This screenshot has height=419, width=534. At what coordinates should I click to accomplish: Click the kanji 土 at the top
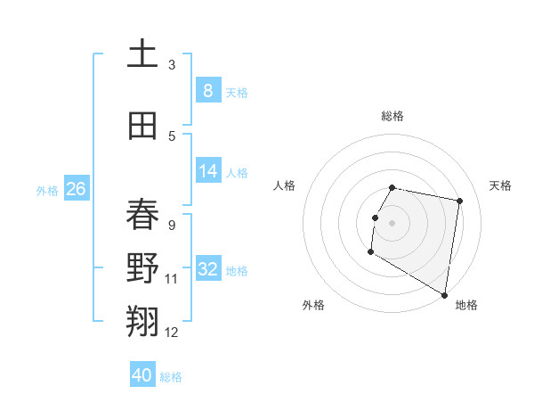pyautogui.click(x=142, y=54)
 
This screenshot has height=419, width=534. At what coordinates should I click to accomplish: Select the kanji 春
pyautogui.click(x=142, y=215)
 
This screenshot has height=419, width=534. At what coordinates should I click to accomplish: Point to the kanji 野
pyautogui.click(x=142, y=268)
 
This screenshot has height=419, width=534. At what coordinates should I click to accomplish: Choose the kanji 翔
pyautogui.click(x=142, y=321)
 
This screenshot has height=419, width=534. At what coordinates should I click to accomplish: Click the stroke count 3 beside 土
pyautogui.click(x=172, y=64)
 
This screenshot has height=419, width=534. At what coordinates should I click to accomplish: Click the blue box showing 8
pyautogui.click(x=208, y=90)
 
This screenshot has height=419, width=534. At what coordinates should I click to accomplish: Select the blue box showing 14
pyautogui.click(x=208, y=171)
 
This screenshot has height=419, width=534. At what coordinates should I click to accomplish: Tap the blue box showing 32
pyautogui.click(x=208, y=269)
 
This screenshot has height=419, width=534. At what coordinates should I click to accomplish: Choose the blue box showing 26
pyautogui.click(x=76, y=189)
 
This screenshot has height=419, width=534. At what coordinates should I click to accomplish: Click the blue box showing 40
pyautogui.click(x=142, y=375)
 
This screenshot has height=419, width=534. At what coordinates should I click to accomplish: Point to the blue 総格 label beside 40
pyautogui.click(x=171, y=377)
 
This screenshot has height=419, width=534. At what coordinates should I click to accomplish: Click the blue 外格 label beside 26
pyautogui.click(x=47, y=190)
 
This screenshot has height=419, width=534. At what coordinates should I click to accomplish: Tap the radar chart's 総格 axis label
pyautogui.click(x=392, y=116)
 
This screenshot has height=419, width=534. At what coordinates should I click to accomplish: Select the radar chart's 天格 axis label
pyautogui.click(x=500, y=185)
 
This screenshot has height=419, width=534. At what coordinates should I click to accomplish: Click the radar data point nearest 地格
pyautogui.click(x=444, y=294)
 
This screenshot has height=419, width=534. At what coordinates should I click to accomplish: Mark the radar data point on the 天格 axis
pyautogui.click(x=459, y=201)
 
